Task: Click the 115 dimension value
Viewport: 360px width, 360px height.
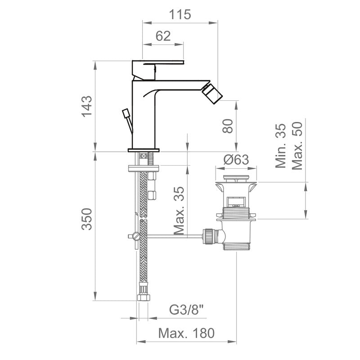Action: pos(180,14)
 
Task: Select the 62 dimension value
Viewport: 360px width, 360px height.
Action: pos(163,36)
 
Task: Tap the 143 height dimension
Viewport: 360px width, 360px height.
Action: pos(87,107)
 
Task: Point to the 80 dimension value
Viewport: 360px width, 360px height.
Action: pos(228,126)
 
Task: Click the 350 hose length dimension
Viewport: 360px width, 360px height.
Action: pos(87,219)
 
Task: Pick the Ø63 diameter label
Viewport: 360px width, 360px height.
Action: pos(236,160)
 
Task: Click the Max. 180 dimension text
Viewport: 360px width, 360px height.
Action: pos(186,333)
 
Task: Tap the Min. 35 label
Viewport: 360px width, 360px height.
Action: pos(280,146)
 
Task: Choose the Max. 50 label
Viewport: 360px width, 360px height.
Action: pos(297,146)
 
